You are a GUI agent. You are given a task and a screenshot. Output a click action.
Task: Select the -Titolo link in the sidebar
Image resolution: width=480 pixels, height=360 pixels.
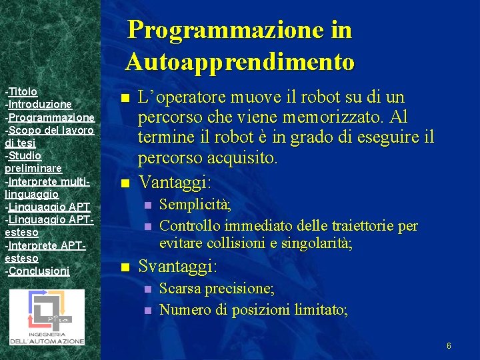(x=21, y=91)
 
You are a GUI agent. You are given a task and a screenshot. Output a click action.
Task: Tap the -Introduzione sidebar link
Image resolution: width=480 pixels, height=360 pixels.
(x=38, y=104)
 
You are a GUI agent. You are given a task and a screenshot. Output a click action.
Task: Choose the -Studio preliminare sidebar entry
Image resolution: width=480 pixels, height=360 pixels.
(x=33, y=161)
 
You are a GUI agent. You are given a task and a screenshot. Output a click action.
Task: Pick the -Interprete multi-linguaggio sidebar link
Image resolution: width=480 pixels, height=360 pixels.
(x=51, y=187)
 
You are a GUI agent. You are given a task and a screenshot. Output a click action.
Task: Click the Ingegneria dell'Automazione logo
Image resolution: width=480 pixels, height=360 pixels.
(x=47, y=317)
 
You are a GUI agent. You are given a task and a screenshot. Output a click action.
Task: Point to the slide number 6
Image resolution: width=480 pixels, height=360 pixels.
(x=449, y=346)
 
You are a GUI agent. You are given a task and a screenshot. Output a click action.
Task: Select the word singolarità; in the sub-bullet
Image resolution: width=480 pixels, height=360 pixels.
(x=315, y=244)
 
